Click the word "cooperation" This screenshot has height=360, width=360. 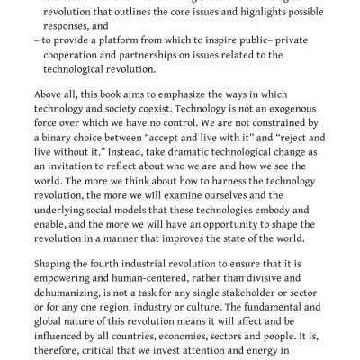click(x=80, y=56)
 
